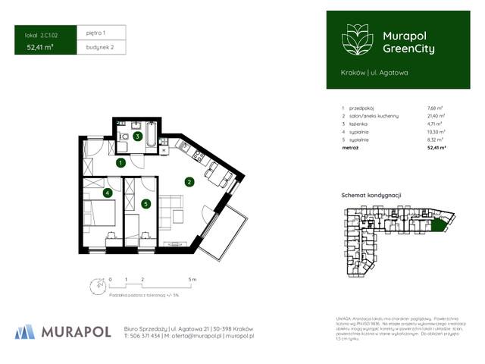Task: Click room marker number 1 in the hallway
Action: (120, 162)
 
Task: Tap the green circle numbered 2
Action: (189, 181)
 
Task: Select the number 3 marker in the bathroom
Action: (136, 136)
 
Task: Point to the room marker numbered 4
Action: (108, 193)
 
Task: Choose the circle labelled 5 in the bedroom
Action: (145, 203)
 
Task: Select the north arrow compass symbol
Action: (94, 286)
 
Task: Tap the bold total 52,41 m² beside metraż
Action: (436, 148)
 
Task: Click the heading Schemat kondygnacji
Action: (371, 195)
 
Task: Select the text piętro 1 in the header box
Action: (95, 33)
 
